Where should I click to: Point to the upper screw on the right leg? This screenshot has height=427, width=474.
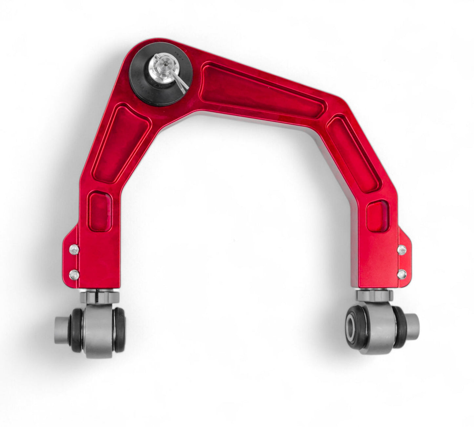(401, 250)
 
